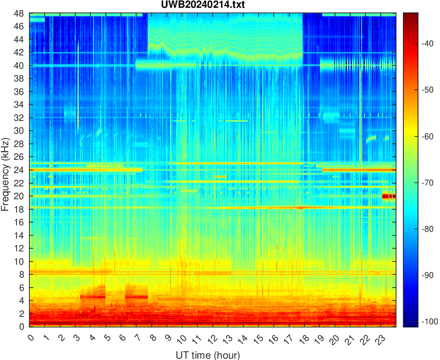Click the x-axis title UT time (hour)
208,355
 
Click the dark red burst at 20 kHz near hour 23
389,196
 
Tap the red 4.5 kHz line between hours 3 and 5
93,297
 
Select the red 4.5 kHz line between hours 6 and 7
137,297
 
